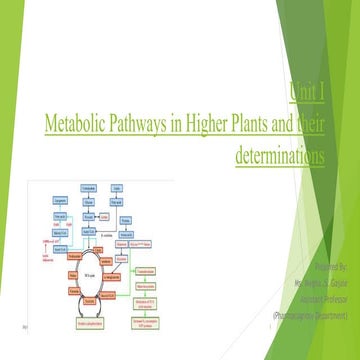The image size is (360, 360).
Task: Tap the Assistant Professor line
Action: [x=318, y=297]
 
